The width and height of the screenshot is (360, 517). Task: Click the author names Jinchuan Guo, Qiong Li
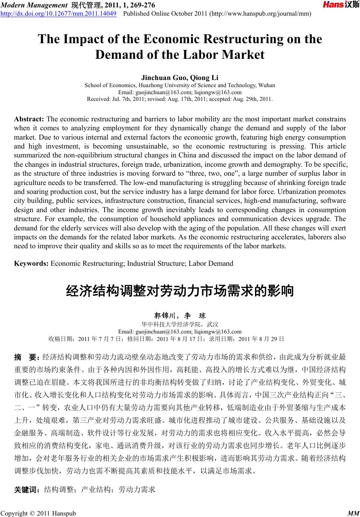coord(180,78)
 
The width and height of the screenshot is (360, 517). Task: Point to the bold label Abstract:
coord(29,119)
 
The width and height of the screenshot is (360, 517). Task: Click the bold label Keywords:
coord(31,264)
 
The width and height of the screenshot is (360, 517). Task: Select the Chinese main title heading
coord(180,291)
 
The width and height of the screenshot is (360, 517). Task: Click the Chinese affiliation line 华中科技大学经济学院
coord(180,324)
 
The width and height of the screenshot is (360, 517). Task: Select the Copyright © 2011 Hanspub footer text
coord(38,513)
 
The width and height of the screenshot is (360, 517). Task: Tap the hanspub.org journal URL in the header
coord(261,14)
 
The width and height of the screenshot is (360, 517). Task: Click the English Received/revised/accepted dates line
coord(180,99)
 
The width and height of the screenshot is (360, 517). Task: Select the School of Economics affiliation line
coord(180,85)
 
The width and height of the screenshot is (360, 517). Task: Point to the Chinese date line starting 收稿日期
coord(167,339)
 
